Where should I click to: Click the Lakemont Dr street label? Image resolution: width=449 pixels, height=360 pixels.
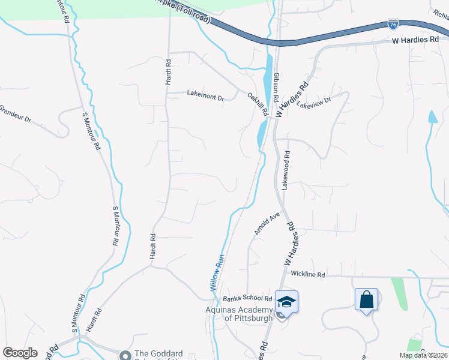pyautogui.click(x=205, y=94)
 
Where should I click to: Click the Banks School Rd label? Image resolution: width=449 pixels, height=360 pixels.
pyautogui.click(x=247, y=298)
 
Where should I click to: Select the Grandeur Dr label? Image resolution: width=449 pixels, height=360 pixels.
pyautogui.click(x=14, y=113)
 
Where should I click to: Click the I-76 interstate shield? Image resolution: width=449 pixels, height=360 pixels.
pyautogui.click(x=392, y=24)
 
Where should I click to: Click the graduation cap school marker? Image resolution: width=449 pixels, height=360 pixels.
pyautogui.click(x=287, y=302)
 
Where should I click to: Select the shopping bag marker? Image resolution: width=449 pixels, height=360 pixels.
pyautogui.click(x=366, y=299)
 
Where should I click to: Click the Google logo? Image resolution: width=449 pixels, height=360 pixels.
pyautogui.click(x=20, y=353)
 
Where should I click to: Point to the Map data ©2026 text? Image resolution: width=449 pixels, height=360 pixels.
pyautogui.click(x=423, y=355)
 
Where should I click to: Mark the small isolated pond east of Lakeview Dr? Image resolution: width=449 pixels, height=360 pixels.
pyautogui.click(x=432, y=116)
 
